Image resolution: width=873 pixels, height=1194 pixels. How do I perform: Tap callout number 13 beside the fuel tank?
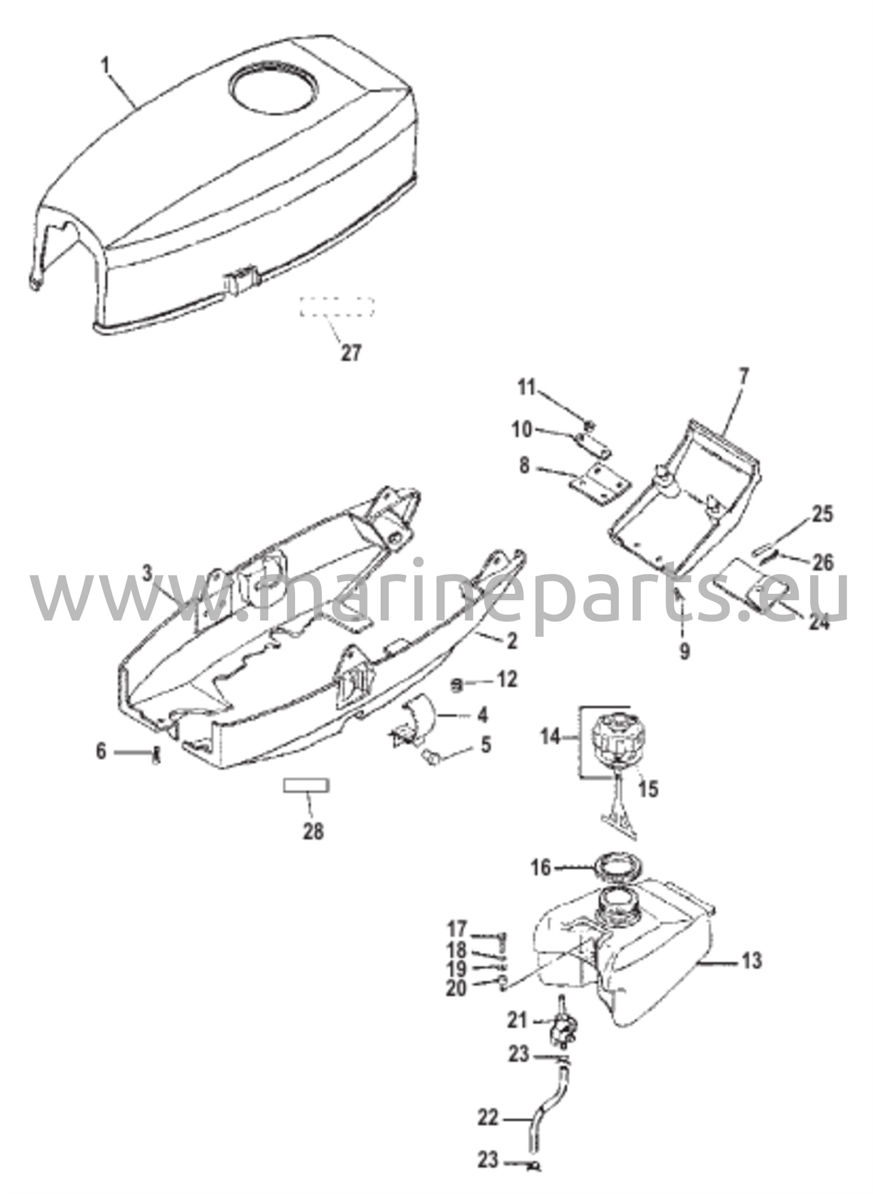[752, 960]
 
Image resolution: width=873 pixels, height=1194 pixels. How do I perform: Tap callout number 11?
[527, 388]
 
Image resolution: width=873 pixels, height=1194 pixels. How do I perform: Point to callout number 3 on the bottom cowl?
[147, 574]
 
